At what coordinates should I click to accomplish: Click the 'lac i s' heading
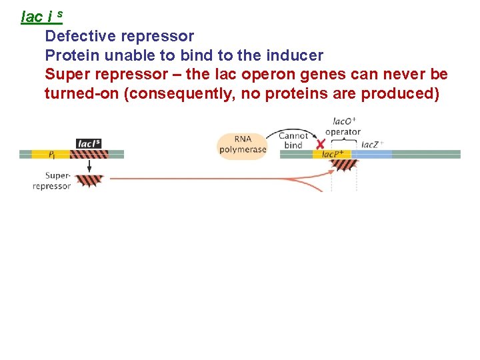[x=41, y=16]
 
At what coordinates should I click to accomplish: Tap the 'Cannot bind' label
[x=294, y=141]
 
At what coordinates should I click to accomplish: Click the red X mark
[x=321, y=144]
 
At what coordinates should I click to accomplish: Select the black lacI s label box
[x=89, y=143]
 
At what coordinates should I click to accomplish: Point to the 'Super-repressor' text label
[x=51, y=181]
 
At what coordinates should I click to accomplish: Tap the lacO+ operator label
[x=343, y=127]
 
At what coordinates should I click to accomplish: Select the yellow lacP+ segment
[x=331, y=155]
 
